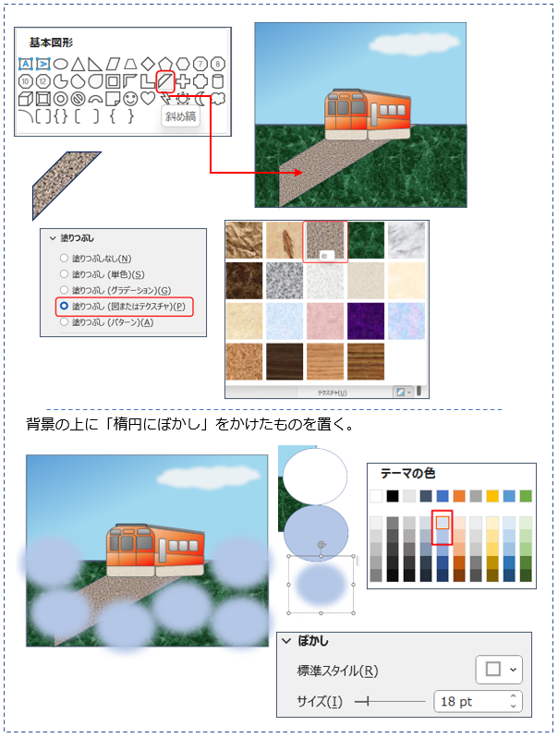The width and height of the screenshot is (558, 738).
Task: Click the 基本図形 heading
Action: coord(51,42)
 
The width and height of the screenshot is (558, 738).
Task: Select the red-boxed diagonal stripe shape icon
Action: coord(165,81)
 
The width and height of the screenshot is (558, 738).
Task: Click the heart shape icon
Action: coord(148,98)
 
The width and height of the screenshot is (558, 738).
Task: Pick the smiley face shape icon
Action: coord(130,99)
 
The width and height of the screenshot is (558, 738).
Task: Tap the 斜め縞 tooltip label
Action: coord(180,116)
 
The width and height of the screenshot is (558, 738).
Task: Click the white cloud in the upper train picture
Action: coord(414,44)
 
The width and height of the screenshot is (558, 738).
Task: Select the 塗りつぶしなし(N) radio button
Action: coord(64,258)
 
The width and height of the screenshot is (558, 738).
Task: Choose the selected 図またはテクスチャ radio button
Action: coord(64,306)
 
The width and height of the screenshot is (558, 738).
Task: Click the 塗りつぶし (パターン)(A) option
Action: coord(112,322)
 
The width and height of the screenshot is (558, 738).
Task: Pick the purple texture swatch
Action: coord(366,321)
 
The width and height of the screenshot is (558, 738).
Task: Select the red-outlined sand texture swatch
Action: coord(325,241)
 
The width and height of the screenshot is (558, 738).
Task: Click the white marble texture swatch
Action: coord(406,240)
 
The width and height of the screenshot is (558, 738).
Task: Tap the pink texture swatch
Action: coord(325,321)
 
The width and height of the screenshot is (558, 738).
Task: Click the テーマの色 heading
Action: coord(407,473)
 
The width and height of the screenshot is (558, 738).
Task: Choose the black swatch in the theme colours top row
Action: coord(393,496)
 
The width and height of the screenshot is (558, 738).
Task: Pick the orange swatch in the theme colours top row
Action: coord(459,496)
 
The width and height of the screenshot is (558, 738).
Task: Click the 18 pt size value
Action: coord(456,702)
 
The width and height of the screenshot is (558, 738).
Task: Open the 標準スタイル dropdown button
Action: coord(499,670)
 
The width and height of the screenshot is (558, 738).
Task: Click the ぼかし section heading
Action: coord(313,641)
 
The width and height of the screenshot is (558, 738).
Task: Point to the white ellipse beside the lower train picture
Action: coord(315,477)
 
